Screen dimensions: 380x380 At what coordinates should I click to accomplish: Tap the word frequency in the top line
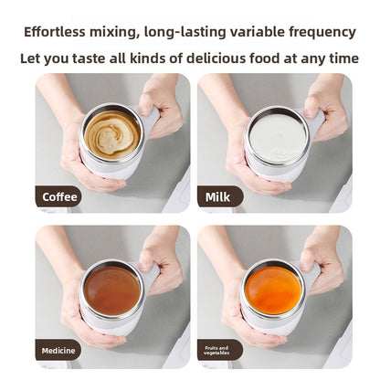point(316,32)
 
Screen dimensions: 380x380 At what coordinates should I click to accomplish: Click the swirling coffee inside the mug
point(112,134)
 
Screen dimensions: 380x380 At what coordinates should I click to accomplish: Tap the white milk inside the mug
point(277,134)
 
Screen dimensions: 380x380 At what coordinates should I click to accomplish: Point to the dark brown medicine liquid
point(111,290)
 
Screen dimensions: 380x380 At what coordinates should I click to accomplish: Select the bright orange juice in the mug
point(274,290)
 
